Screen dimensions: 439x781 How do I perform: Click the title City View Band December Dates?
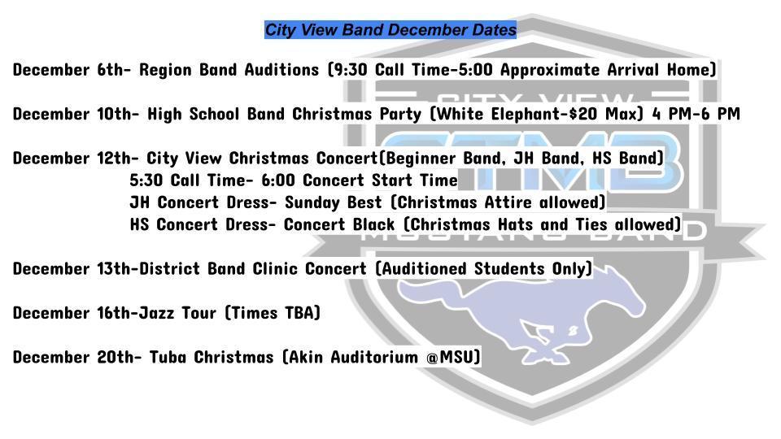pyautogui.click(x=390, y=30)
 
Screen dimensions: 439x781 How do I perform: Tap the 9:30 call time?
pyautogui.click(x=352, y=70)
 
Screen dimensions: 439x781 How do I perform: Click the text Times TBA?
pyautogui.click(x=273, y=312)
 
